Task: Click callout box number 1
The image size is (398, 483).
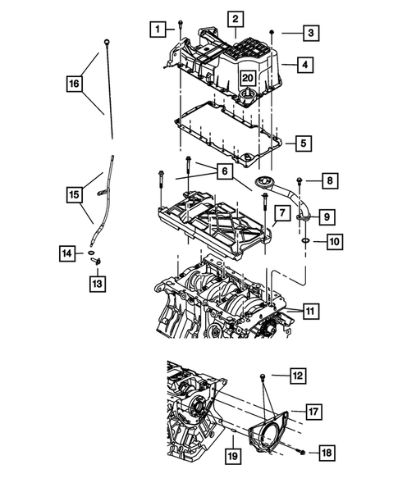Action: (155, 30)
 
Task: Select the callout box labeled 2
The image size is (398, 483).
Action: (235, 19)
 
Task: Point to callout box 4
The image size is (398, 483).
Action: (304, 63)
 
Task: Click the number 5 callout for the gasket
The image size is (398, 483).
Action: (304, 144)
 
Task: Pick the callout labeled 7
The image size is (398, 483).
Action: (280, 214)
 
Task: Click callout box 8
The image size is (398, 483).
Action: (327, 180)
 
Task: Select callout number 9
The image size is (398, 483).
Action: (327, 216)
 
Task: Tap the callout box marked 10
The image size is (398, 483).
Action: (333, 241)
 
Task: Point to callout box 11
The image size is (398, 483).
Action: (309, 311)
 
